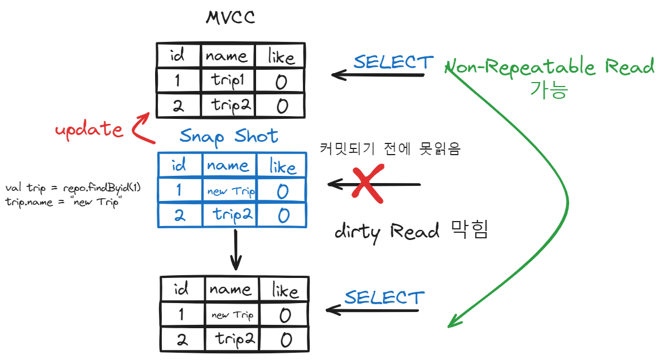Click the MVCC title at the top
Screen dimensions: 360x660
(x=230, y=18)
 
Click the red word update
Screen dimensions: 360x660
(x=89, y=129)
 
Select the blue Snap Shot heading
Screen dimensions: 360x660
(x=229, y=136)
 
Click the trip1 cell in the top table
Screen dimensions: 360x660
(x=228, y=81)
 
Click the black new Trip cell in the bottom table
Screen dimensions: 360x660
(x=232, y=315)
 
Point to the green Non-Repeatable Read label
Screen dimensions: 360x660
(x=551, y=67)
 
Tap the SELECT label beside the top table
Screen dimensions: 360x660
(x=393, y=62)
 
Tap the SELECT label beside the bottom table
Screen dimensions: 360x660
(x=384, y=297)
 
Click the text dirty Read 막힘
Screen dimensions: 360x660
(x=411, y=231)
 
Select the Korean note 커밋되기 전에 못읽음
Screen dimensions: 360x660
(x=391, y=148)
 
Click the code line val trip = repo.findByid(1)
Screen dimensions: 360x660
(x=73, y=188)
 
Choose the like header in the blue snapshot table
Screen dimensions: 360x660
(x=282, y=166)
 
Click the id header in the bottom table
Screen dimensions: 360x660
(x=181, y=290)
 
